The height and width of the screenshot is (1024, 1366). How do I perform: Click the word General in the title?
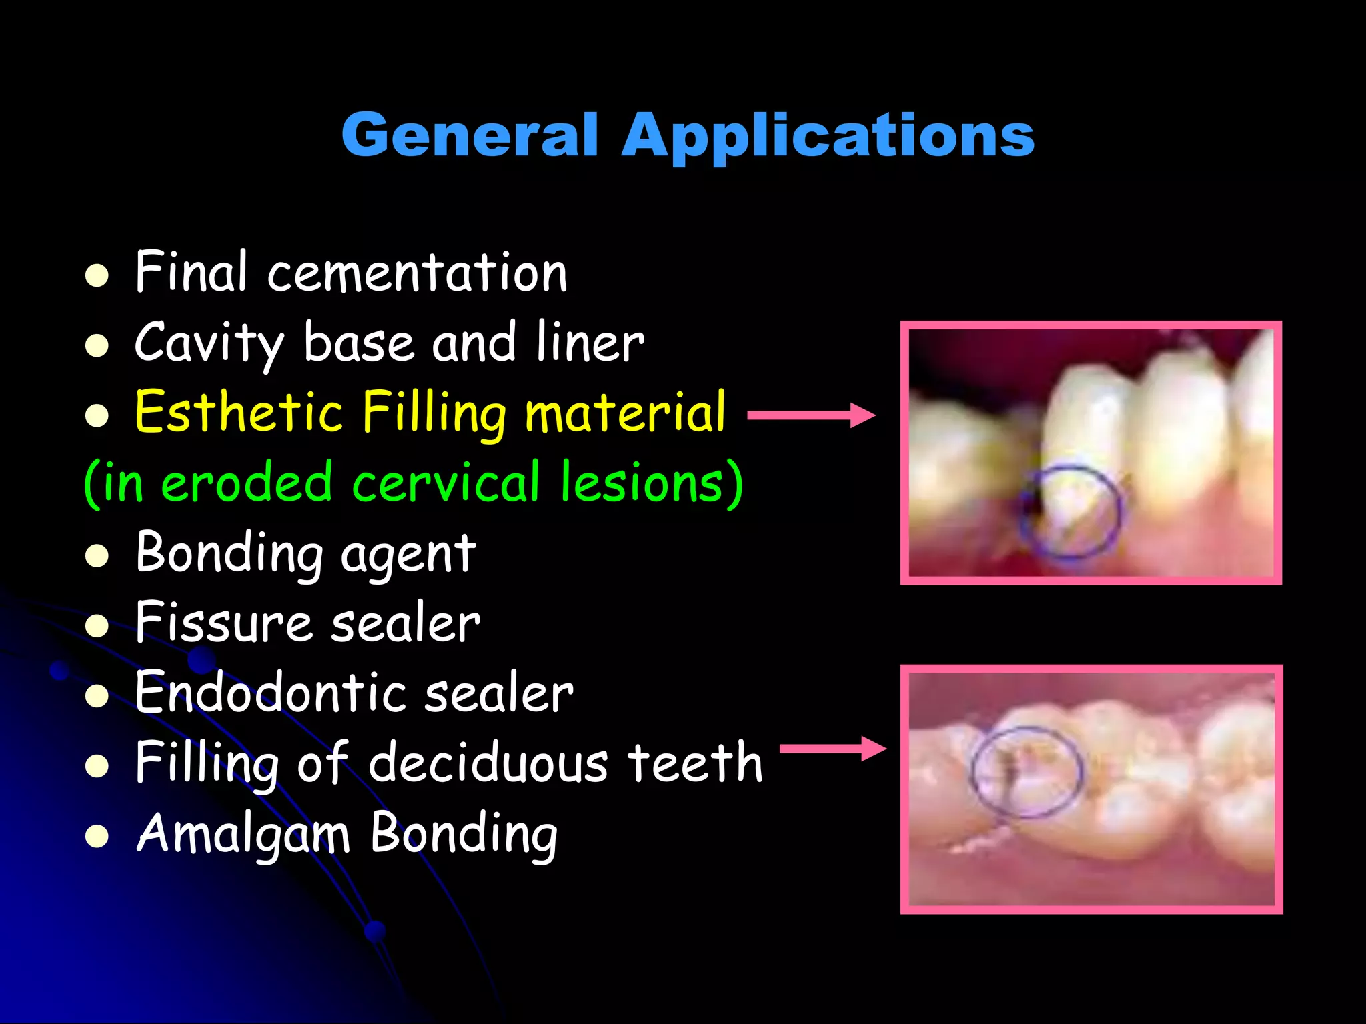[470, 135]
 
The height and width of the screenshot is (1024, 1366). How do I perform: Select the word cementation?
[417, 273]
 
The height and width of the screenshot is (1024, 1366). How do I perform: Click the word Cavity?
[209, 343]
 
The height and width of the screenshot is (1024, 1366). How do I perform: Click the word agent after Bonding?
[408, 554]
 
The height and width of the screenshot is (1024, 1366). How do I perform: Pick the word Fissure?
[223, 623]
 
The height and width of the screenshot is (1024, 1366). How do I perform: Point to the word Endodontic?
[269, 693]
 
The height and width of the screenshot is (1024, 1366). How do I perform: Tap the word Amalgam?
[243, 833]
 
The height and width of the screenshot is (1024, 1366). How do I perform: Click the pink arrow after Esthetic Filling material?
[811, 415]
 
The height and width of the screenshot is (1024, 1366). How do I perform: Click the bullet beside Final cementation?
[97, 275]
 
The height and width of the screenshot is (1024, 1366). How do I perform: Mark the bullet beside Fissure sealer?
[97, 625]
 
